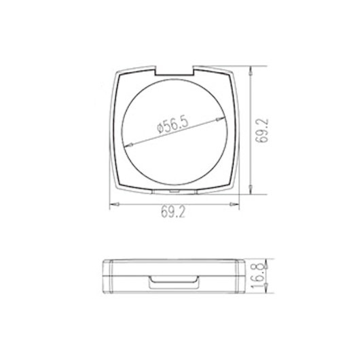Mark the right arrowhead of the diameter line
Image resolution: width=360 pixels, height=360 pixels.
(x=226, y=118)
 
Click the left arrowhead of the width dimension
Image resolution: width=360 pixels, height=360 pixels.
(x=113, y=202)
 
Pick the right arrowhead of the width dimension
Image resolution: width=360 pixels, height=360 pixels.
(x=237, y=202)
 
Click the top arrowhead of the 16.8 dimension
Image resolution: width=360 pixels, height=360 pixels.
(x=253, y=262)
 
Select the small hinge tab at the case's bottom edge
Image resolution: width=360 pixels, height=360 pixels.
(x=175, y=192)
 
